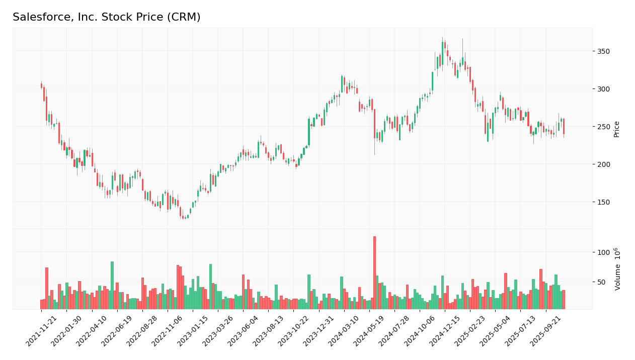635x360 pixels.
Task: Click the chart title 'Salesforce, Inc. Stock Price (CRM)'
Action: pyautogui.click(x=106, y=18)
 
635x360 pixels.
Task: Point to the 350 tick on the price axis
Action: pyautogui.click(x=603, y=51)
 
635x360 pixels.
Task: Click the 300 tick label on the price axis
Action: pyautogui.click(x=603, y=89)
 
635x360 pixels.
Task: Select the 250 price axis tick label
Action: pyautogui.click(x=603, y=127)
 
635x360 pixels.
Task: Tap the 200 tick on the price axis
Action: pyautogui.click(x=603, y=164)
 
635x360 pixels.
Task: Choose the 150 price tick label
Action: pyautogui.click(x=603, y=202)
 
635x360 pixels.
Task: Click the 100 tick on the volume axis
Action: pyautogui.click(x=603, y=252)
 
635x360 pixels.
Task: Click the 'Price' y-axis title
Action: pyautogui.click(x=616, y=129)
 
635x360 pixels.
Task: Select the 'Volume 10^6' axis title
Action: pyautogui.click(x=617, y=269)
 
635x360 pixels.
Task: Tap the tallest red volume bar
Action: pyautogui.click(x=374, y=272)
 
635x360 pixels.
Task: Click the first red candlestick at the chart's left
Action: pyautogui.click(x=41, y=85)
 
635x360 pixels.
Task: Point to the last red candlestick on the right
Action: pyautogui.click(x=564, y=126)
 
